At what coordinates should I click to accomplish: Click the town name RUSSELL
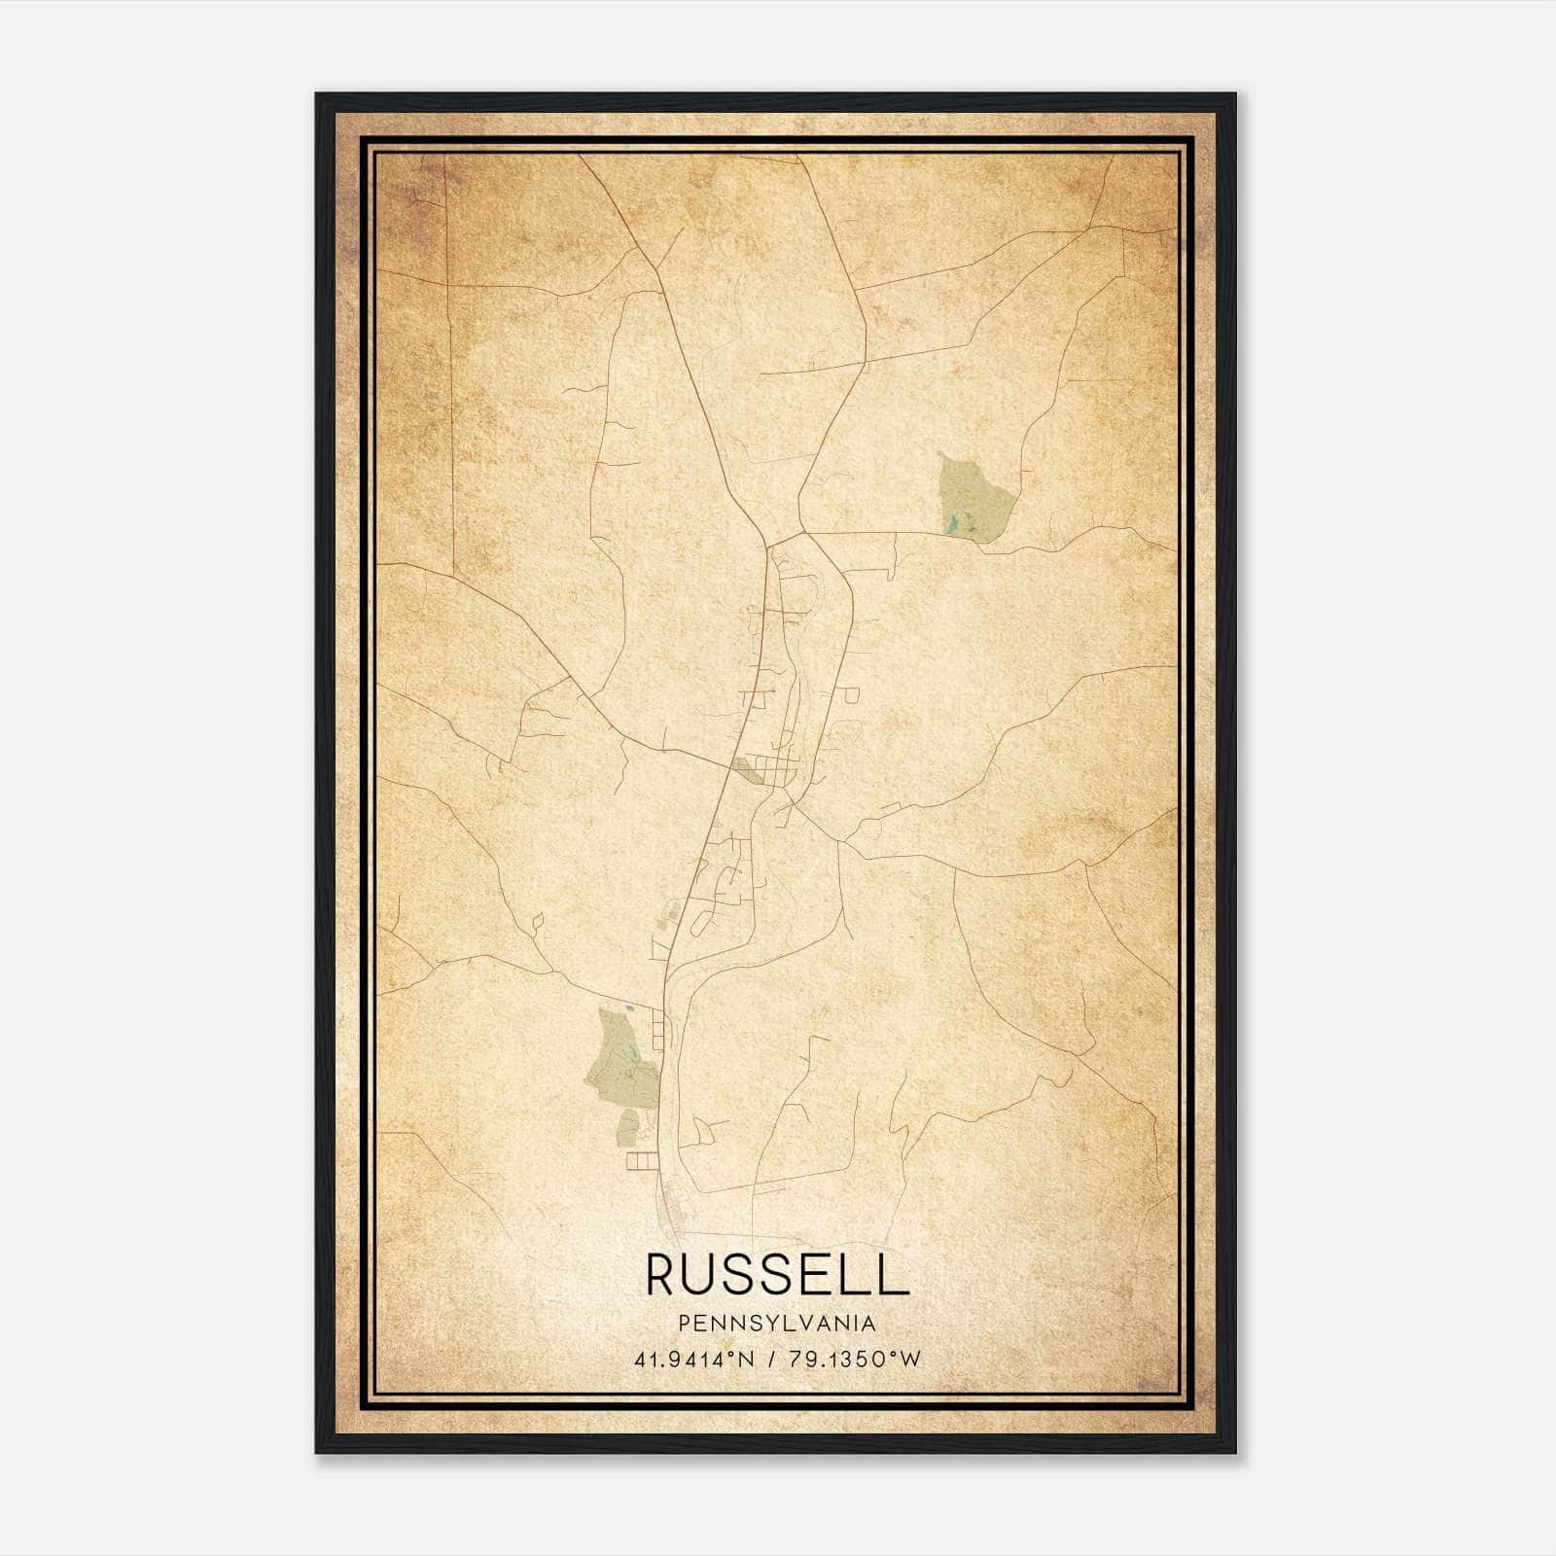tap(777, 1274)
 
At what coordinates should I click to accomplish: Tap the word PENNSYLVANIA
tap(777, 1324)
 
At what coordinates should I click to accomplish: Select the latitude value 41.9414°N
tap(694, 1360)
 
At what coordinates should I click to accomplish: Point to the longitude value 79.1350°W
tap(856, 1360)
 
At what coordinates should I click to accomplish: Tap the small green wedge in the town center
tap(749, 771)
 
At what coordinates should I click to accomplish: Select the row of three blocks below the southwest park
tap(643, 1161)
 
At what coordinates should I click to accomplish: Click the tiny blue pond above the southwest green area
tap(629, 1008)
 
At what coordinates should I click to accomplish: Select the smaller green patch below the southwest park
tap(627, 1125)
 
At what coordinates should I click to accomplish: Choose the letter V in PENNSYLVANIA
tap(807, 1324)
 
